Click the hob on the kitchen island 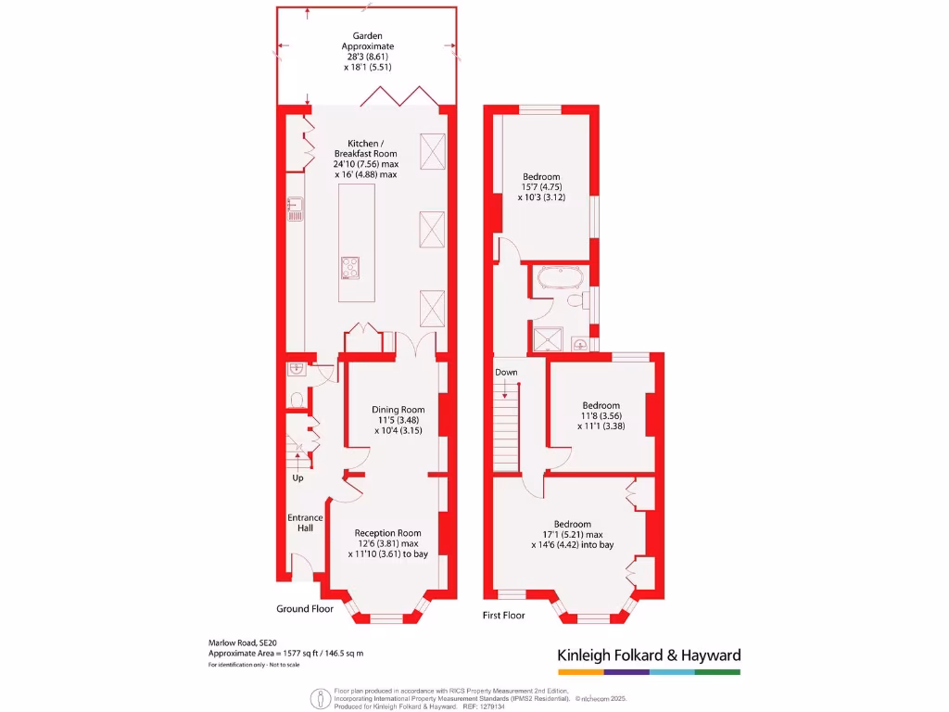(351, 267)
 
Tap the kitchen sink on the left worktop (294, 210)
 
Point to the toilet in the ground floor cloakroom (297, 400)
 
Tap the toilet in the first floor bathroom (575, 301)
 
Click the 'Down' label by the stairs (506, 372)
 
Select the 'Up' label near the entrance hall (298, 478)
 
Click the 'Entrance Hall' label (305, 523)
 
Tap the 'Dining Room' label (399, 409)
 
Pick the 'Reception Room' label (388, 532)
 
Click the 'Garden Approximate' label (367, 41)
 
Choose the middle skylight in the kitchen (433, 229)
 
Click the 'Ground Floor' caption (305, 609)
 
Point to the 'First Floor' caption (503, 615)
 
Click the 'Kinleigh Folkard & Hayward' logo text (649, 655)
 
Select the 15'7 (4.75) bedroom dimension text (542, 187)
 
